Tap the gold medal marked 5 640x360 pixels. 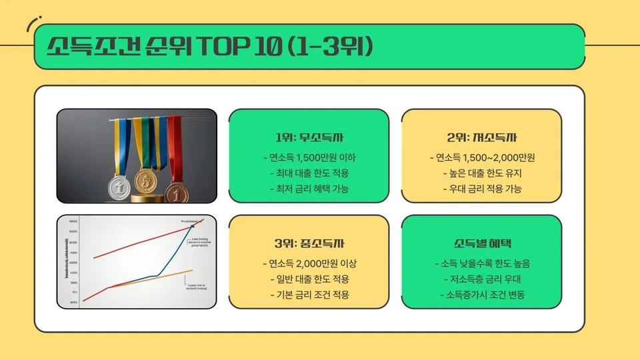[145, 179]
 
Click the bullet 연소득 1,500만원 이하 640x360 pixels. [309, 158]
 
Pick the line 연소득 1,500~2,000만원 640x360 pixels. [482, 158]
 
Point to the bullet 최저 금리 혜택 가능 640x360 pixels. [309, 189]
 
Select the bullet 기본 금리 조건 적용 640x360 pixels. [309, 294]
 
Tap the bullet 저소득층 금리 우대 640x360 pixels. [482, 279]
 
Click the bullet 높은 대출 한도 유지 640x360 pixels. [482, 173]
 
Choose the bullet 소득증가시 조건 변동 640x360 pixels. [482, 294]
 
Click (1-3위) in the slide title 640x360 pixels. [331, 47]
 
